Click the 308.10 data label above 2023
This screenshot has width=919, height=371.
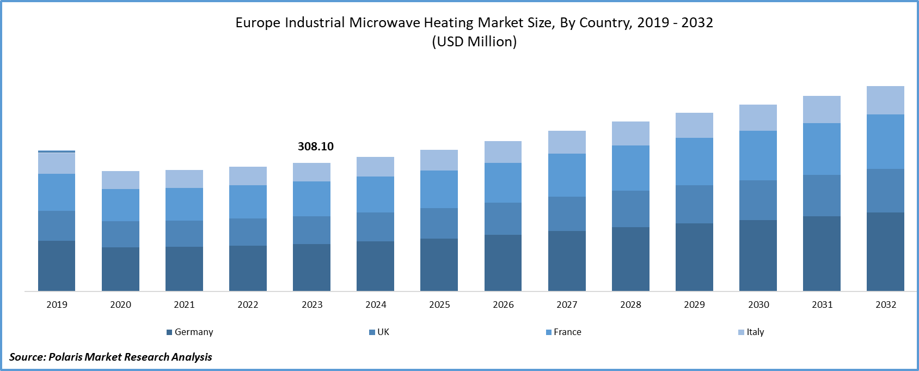(x=315, y=147)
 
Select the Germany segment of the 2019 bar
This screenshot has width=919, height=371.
(x=57, y=266)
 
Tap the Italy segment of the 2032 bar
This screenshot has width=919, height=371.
(x=885, y=100)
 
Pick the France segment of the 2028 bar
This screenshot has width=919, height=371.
(x=630, y=168)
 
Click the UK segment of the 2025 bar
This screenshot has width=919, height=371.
(x=439, y=223)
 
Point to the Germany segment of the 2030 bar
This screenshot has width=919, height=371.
(x=758, y=256)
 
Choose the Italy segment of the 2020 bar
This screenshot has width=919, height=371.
(x=120, y=180)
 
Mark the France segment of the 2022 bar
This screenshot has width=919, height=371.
(x=248, y=202)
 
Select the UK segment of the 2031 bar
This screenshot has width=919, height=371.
(x=822, y=196)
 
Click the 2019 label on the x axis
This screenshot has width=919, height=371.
(x=57, y=305)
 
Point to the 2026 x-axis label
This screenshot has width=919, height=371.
(x=503, y=305)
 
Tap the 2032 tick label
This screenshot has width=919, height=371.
(x=886, y=305)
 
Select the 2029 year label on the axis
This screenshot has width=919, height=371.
(x=694, y=305)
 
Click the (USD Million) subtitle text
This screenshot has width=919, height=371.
(x=474, y=42)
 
